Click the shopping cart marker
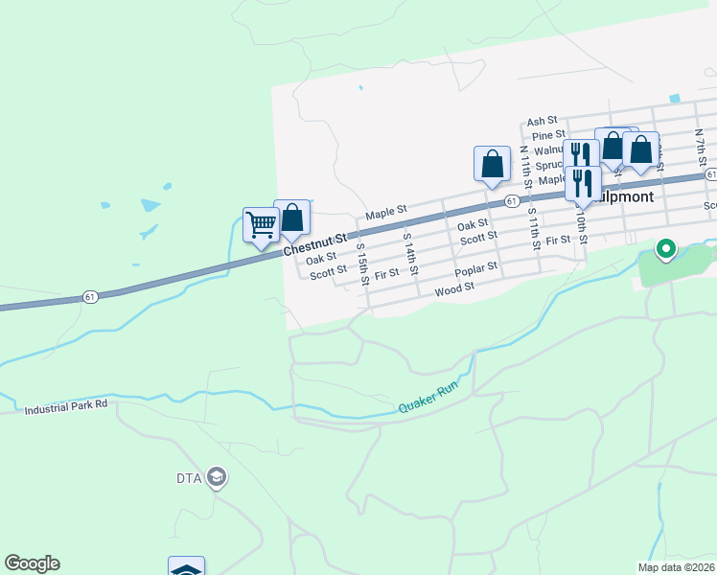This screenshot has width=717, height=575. pos(261,225)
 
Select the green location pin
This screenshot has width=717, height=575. pos(665,250)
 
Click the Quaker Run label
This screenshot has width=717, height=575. pos(428,402)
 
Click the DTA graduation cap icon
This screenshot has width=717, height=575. pos(217,478)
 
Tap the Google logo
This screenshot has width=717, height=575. pos(32,563)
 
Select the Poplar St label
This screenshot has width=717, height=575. pos(476,271)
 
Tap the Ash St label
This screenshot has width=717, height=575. pos(542,121)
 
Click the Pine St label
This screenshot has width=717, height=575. pos(547,135)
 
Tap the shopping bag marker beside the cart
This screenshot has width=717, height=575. pos(291,218)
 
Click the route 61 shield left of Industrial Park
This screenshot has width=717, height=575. pos(90,297)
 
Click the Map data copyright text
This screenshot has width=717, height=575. pos(676,567)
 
